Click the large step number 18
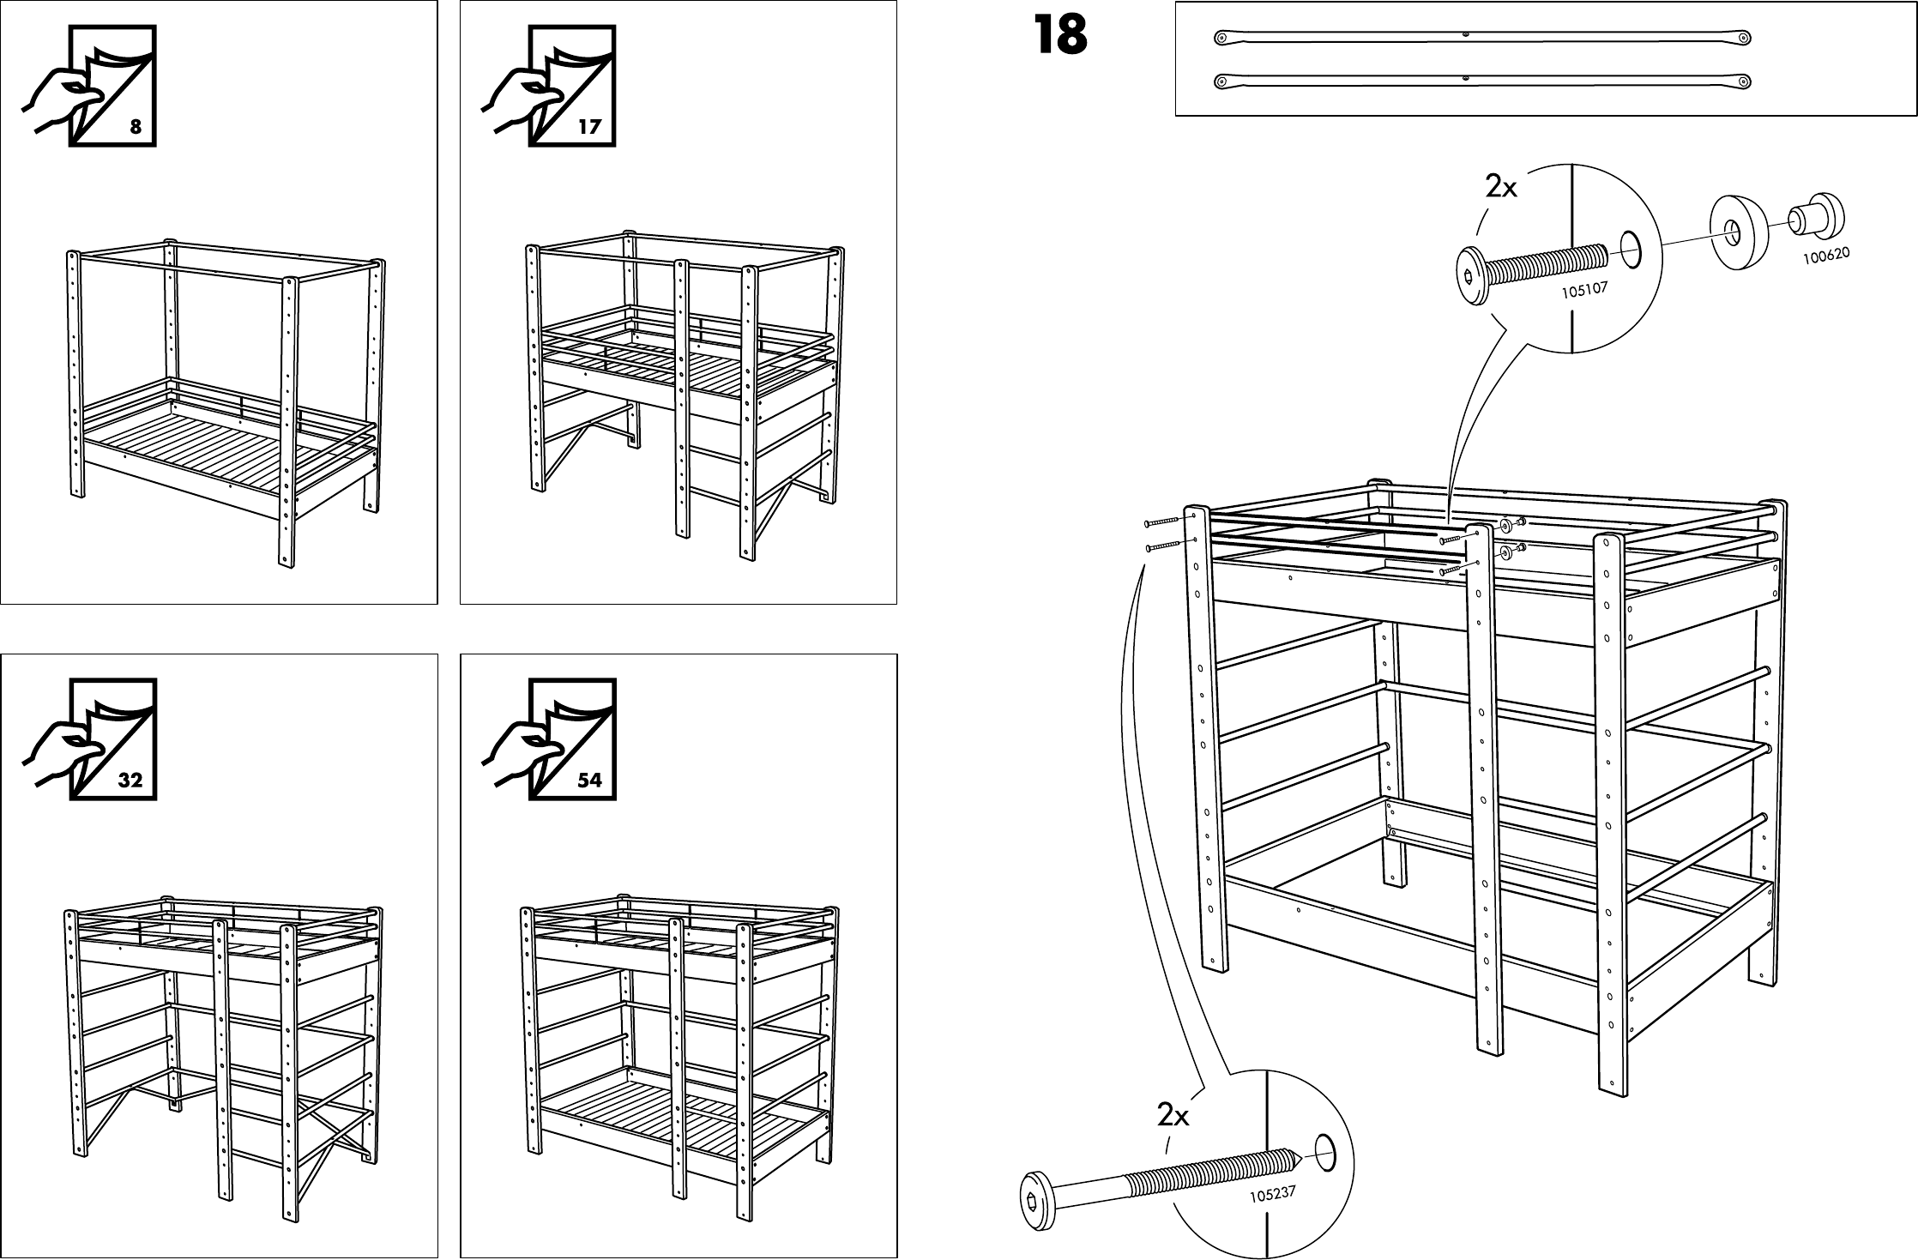pyautogui.click(x=1060, y=36)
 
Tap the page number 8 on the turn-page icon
pyautogui.click(x=136, y=128)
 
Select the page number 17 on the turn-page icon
pyautogui.click(x=590, y=128)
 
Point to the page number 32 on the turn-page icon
pyautogui.click(x=130, y=781)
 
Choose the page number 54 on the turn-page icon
pyautogui.click(x=590, y=781)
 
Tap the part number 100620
pyautogui.click(x=1825, y=255)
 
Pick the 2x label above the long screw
pyautogui.click(x=1173, y=1115)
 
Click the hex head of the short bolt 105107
pyautogui.click(x=1472, y=275)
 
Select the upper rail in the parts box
pyautogui.click(x=1482, y=37)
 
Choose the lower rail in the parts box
pyautogui.click(x=1482, y=81)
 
